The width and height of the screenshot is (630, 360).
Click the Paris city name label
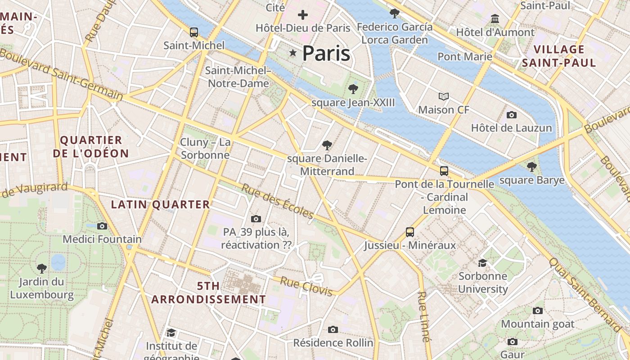coord(326,54)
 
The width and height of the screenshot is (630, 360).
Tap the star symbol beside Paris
coord(293,53)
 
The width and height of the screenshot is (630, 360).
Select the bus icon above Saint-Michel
coord(194,32)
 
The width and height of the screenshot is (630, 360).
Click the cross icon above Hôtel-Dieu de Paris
coord(303,15)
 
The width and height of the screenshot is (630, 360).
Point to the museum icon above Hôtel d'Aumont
coord(495,19)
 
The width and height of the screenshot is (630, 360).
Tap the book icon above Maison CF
coord(444,96)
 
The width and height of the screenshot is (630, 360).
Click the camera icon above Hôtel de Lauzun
coord(511,115)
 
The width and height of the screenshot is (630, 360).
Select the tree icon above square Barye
coord(532,167)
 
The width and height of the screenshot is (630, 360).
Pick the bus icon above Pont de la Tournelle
coord(444,171)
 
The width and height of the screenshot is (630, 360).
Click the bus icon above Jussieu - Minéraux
coord(410,232)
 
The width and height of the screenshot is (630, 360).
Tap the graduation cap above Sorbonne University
coord(483,263)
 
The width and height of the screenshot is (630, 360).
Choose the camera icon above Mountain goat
coord(538,311)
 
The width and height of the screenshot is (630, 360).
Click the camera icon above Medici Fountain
coord(102,226)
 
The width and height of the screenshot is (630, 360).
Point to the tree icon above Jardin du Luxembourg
coord(42,269)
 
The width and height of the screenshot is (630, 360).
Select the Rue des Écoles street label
coord(277,202)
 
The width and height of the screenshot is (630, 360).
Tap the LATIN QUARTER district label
coord(161,205)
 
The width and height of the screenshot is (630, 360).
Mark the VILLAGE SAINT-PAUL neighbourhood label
coord(559,56)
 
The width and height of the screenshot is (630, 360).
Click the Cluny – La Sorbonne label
coord(205,149)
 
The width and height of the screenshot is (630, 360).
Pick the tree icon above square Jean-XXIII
coord(353,89)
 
